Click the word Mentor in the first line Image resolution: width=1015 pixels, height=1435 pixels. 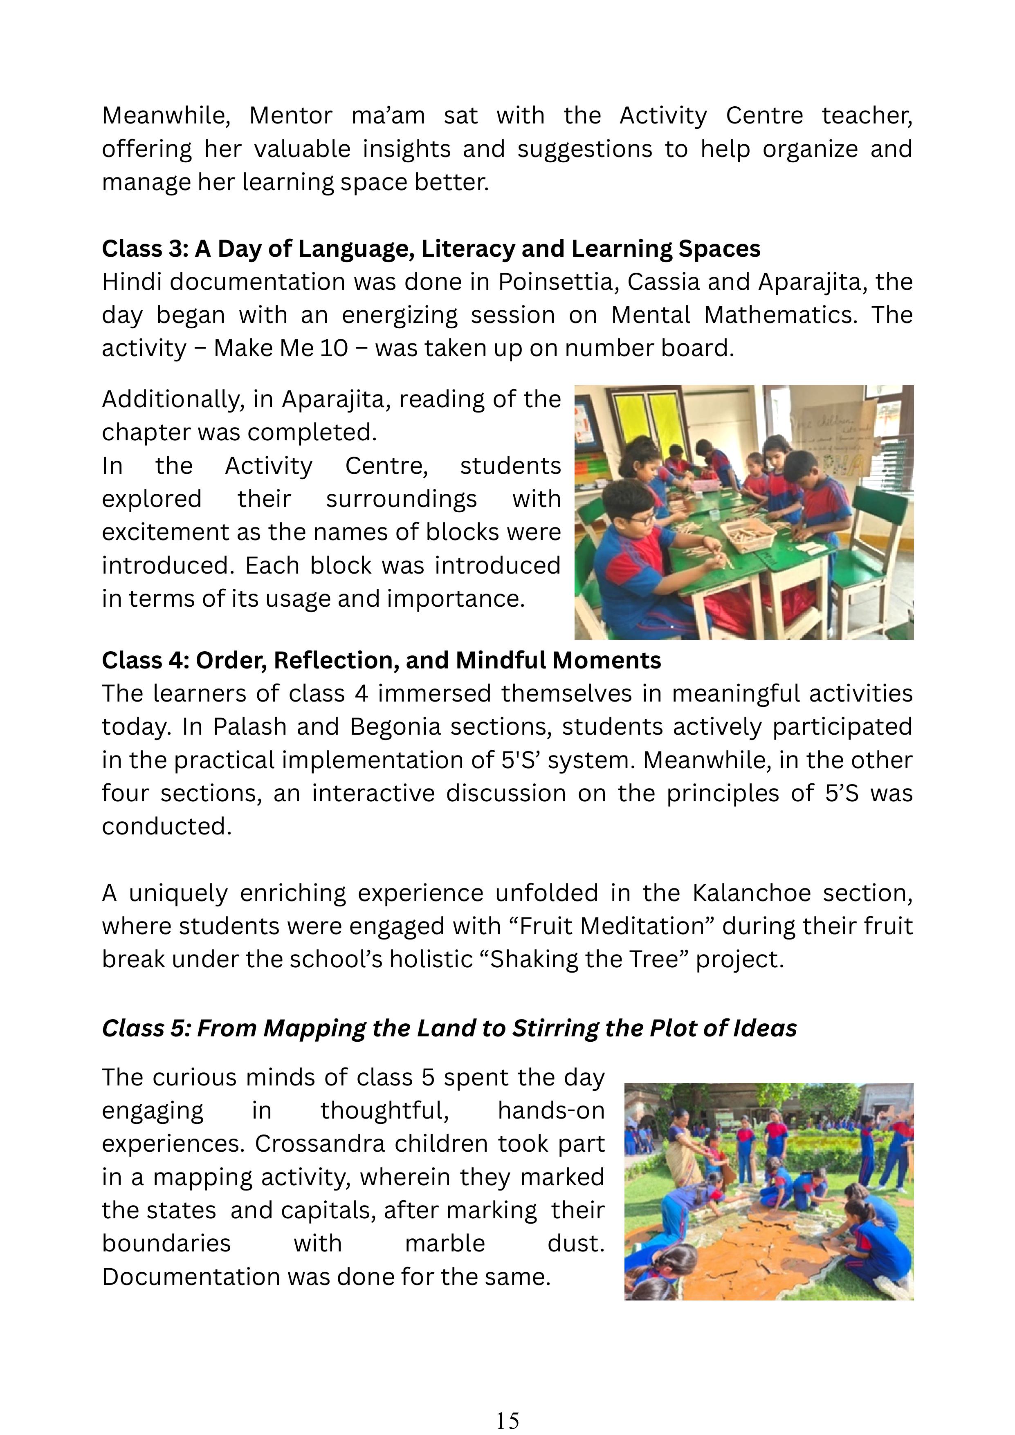click(291, 116)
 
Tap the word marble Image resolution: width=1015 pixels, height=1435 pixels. click(445, 1243)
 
